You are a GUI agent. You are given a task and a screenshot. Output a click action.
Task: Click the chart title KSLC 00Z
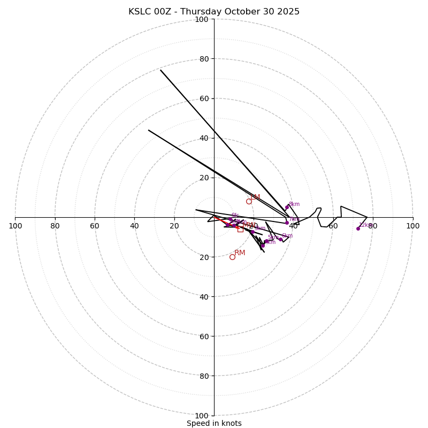pyautogui.click(x=154, y=12)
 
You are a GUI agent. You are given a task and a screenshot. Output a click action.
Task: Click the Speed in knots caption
pyautogui.click(x=214, y=423)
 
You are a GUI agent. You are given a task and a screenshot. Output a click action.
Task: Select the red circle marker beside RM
pyautogui.click(x=232, y=257)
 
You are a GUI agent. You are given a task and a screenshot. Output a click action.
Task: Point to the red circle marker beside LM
pyautogui.click(x=249, y=201)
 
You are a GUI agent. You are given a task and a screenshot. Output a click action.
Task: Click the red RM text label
pyautogui.click(x=240, y=253)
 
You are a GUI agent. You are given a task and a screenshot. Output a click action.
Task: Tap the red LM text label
pyautogui.click(x=256, y=197)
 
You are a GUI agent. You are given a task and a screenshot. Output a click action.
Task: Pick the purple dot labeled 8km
pyautogui.click(x=287, y=207)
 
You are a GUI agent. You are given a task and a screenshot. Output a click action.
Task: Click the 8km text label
pyautogui.click(x=294, y=204)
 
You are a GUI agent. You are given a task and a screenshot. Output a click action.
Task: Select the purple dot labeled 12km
pyautogui.click(x=358, y=228)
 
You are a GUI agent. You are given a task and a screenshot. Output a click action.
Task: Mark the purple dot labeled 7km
pyautogui.click(x=287, y=223)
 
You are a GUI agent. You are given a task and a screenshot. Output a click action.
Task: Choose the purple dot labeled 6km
pyautogui.click(x=280, y=239)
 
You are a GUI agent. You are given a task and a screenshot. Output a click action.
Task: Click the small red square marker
pyautogui.click(x=240, y=229)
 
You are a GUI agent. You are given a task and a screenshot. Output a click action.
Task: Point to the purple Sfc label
pyautogui.click(x=235, y=215)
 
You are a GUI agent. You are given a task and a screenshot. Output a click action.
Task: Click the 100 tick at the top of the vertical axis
pyautogui.click(x=202, y=19)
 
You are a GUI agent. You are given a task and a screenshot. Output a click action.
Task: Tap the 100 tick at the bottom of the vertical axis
pyautogui.click(x=202, y=416)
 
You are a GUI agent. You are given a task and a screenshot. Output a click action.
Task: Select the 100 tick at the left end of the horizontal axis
pyautogui.click(x=15, y=226)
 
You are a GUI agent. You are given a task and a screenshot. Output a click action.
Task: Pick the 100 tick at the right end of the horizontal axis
pyautogui.click(x=412, y=226)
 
